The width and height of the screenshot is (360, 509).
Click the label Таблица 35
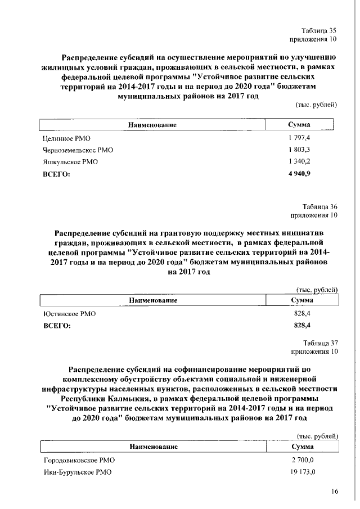click(x=319, y=30)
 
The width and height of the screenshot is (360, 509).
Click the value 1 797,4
click(x=299, y=138)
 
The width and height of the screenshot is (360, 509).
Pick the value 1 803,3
click(x=299, y=150)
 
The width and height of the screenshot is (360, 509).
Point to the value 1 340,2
click(x=299, y=162)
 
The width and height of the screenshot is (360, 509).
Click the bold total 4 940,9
click(x=299, y=174)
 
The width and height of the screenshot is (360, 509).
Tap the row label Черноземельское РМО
click(x=78, y=150)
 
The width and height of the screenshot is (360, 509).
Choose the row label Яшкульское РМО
click(x=71, y=163)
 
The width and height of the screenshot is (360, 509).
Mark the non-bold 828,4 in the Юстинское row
click(x=303, y=314)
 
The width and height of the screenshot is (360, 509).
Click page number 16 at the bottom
click(x=334, y=492)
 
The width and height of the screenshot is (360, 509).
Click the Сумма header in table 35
click(x=300, y=125)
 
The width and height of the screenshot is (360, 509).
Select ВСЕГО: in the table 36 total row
click(x=57, y=326)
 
